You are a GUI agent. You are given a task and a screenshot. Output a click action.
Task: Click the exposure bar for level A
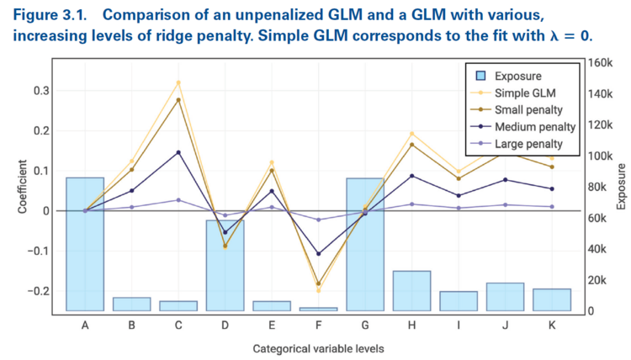pos(85,244)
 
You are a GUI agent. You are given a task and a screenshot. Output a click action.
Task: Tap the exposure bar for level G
pos(364,244)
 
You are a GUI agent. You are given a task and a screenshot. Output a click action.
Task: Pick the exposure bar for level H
pos(411,290)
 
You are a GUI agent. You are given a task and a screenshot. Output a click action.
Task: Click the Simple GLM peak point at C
pos(178,82)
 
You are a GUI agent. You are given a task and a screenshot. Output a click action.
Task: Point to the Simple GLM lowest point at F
pos(318,291)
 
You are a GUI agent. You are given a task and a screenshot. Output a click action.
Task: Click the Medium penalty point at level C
pos(178,152)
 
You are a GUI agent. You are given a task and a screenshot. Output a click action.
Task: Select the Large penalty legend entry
pos(528,144)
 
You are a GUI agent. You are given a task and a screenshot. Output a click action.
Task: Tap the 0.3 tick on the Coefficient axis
pos(39,91)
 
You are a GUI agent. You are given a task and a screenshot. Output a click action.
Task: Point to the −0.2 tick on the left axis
pos(36,290)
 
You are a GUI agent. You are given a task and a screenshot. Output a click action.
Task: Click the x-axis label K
pos(551,325)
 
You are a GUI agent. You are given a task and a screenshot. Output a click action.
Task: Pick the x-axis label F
pos(318,325)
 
